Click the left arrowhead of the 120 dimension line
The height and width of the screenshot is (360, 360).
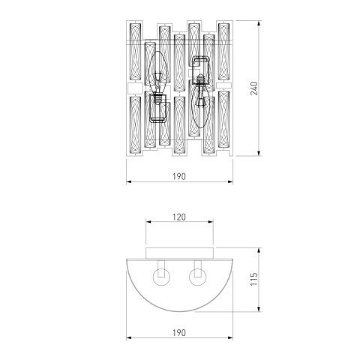click(148, 223)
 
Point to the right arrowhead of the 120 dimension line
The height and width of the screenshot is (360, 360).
click(216, 223)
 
